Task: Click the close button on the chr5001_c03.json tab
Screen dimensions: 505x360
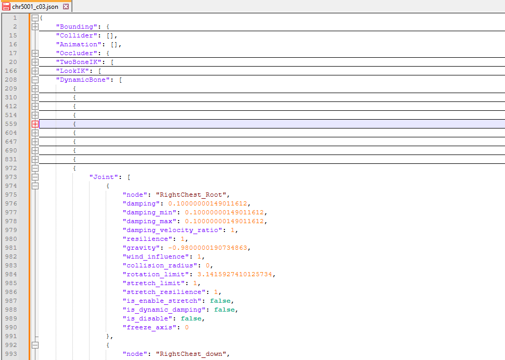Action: point(66,6)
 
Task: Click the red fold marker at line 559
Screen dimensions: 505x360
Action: point(35,124)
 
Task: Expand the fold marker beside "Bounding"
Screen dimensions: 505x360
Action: point(35,27)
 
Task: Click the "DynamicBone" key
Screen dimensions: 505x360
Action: point(83,80)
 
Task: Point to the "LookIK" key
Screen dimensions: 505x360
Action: point(72,71)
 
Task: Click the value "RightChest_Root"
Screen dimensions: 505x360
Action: point(191,195)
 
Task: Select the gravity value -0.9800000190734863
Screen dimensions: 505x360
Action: point(208,248)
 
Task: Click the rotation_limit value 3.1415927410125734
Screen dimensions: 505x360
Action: point(235,275)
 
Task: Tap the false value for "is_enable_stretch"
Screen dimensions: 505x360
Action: point(220,301)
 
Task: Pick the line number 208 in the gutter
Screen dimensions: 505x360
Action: point(11,80)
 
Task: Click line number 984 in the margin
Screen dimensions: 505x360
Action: point(11,275)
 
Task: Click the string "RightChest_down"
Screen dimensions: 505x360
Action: point(191,354)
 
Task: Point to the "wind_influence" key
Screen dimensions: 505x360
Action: point(156,256)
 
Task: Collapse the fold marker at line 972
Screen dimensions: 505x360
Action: point(35,168)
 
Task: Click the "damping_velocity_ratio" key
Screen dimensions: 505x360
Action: point(172,230)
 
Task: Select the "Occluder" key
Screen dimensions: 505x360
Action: point(77,53)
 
